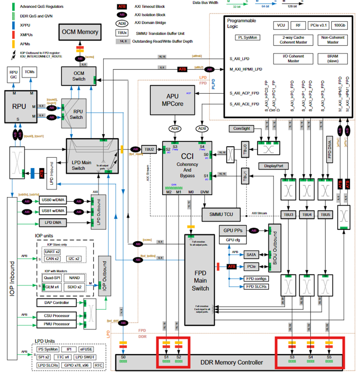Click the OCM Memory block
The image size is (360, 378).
(x=80, y=32)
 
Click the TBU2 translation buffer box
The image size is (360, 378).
(x=149, y=149)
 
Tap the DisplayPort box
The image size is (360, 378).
(x=273, y=166)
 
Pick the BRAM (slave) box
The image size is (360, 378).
(x=333, y=58)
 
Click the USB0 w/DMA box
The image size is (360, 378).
(x=53, y=201)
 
